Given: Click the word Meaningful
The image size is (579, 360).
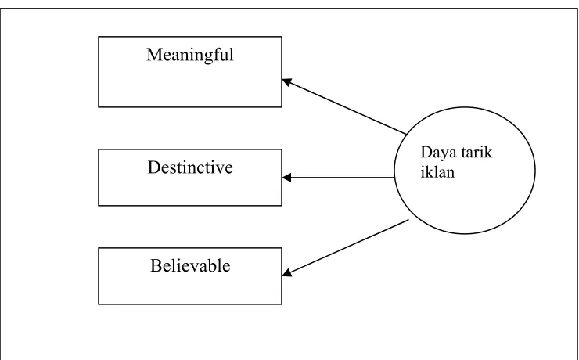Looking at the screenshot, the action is tap(190, 56).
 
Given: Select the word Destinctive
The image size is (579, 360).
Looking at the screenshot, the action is tap(190, 167).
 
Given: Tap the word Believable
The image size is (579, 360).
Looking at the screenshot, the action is tap(190, 265).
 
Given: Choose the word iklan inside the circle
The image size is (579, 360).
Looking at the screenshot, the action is tap(437, 172).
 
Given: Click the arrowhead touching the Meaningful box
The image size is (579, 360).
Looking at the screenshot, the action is tap(287, 82).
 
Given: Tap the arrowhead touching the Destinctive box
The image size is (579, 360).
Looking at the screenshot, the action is tap(286, 178).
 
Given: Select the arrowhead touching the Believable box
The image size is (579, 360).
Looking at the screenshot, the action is tap(287, 272).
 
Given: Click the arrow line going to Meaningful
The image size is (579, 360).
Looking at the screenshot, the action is tap(344, 106).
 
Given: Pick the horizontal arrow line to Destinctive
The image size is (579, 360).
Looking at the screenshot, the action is tap(338, 178).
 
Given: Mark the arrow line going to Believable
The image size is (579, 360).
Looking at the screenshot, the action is tap(346, 247).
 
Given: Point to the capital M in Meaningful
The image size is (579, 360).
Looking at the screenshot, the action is tap(154, 55).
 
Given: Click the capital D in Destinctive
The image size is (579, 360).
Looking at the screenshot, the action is tap(153, 167).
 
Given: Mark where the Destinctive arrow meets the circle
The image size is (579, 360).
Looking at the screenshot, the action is tap(394, 178).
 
